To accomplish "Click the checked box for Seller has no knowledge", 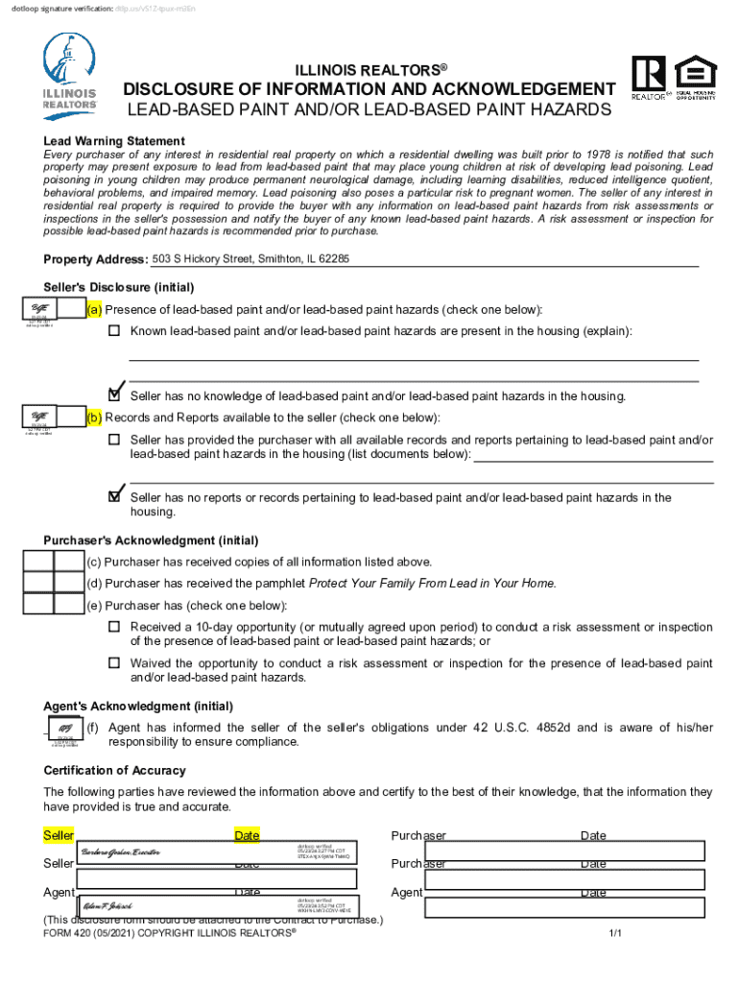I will pos(115,394).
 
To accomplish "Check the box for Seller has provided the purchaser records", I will pos(114,440).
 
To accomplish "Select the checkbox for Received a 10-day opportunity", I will pos(114,627).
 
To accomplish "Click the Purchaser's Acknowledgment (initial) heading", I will pos(137,540).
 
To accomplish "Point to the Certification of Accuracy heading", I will pos(115,771).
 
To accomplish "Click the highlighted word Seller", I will pos(59,836).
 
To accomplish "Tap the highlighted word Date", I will pos(248,836).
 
